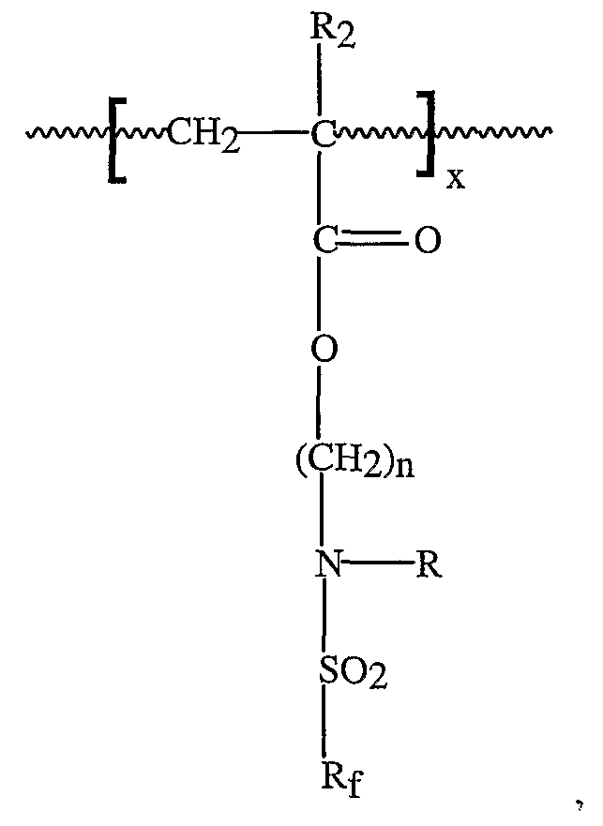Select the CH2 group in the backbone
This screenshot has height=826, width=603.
point(203,135)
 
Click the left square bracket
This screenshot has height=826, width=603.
point(116,139)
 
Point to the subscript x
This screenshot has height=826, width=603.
point(456,180)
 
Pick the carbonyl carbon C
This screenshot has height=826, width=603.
point(324,241)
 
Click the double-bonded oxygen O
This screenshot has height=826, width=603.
point(427,241)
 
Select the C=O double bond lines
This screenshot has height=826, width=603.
point(372,240)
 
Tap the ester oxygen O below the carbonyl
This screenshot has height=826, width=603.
point(324,348)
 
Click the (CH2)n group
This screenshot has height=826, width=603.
point(354,460)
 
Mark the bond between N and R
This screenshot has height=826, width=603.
point(378,563)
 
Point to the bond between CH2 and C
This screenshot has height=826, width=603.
point(274,133)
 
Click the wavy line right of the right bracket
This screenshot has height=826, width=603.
point(493,131)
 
